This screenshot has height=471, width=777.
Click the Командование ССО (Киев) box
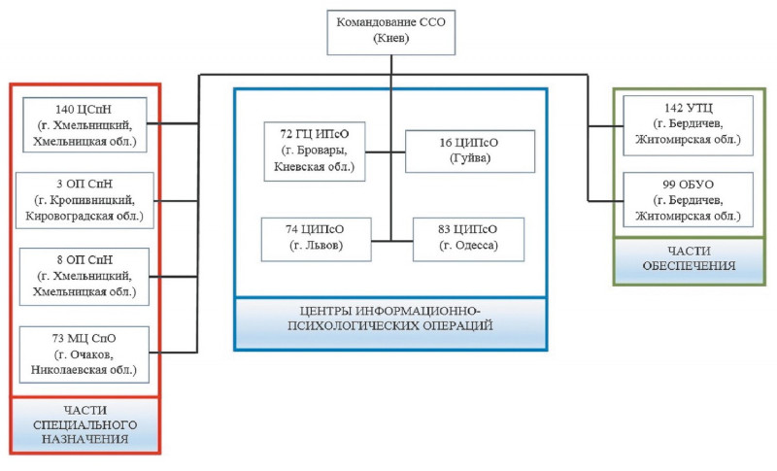coord(391,33)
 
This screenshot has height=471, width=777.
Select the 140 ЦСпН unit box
coord(84,125)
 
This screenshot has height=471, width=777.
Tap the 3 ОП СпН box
coord(84,201)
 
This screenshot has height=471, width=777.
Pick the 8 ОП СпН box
coord(84,277)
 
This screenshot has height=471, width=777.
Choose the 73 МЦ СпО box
coord(84,354)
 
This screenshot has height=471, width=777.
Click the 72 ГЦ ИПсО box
coord(315,151)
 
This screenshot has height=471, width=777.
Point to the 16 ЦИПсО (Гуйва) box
coord(470,151)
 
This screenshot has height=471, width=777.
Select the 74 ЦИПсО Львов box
coord(317,239)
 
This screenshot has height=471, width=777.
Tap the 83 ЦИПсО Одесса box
coord(468,239)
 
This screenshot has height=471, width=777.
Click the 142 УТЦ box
coord(689,126)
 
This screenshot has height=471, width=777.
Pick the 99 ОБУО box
coord(689,200)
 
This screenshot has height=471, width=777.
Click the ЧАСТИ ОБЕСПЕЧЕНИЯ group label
coord(689,258)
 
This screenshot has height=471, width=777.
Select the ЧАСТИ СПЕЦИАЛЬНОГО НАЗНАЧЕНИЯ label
coord(84,424)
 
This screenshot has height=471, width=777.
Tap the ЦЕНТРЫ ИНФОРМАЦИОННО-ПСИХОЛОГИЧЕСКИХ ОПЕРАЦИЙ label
coord(390,319)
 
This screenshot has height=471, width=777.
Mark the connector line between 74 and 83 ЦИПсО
coord(392,241)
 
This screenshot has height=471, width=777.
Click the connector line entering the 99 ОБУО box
coord(605,201)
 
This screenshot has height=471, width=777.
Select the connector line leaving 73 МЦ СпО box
coord(174,353)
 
